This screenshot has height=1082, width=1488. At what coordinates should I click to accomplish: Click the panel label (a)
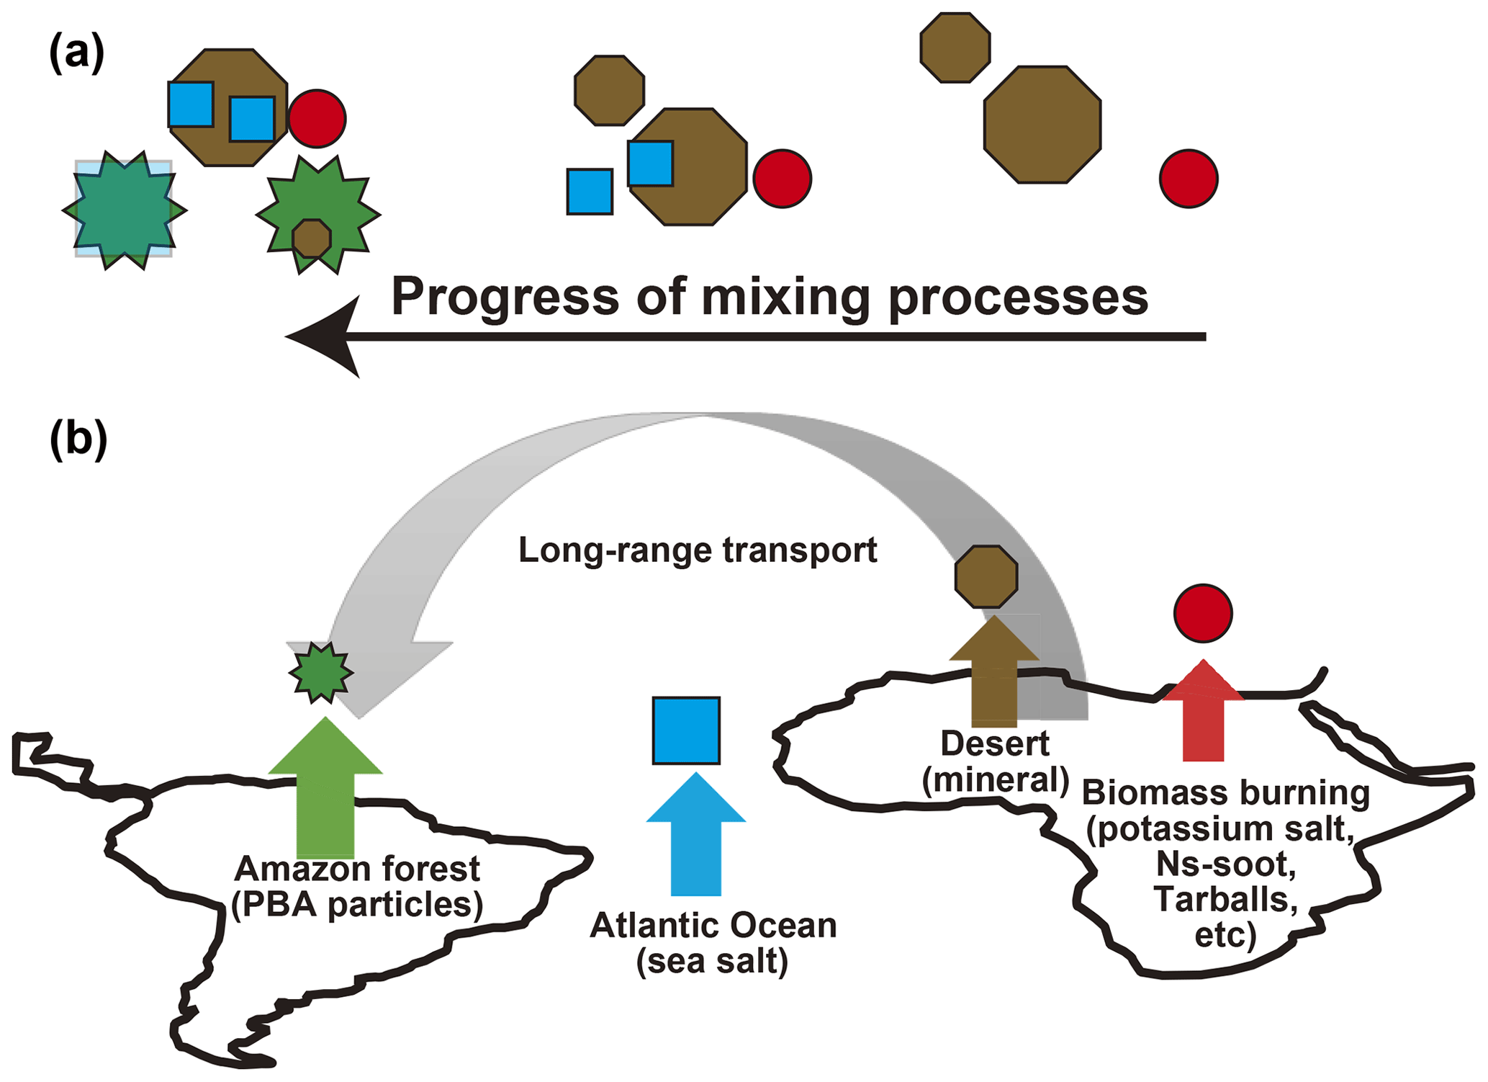76,54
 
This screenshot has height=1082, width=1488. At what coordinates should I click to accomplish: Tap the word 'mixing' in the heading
786,297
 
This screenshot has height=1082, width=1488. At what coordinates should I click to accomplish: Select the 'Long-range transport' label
698,550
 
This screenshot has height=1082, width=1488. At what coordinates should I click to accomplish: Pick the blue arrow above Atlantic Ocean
696,836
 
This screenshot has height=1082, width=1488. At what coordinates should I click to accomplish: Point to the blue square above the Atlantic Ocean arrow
686,730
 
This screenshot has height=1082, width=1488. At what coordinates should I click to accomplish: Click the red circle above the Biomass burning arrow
1203,613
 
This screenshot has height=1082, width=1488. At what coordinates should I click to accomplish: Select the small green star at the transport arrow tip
321,673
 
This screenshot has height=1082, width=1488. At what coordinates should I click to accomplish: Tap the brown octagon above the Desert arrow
986,576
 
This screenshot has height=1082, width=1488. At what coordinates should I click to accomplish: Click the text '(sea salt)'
712,961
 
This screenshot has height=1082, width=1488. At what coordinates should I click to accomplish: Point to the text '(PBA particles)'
357,905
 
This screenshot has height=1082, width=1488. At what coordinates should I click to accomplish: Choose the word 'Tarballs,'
1225,899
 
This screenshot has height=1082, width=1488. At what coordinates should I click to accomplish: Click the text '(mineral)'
996,779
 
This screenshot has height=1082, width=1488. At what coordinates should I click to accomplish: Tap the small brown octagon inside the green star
312,238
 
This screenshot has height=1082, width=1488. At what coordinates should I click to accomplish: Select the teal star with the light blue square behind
125,210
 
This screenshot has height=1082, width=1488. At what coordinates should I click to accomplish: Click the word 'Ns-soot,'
1225,864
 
